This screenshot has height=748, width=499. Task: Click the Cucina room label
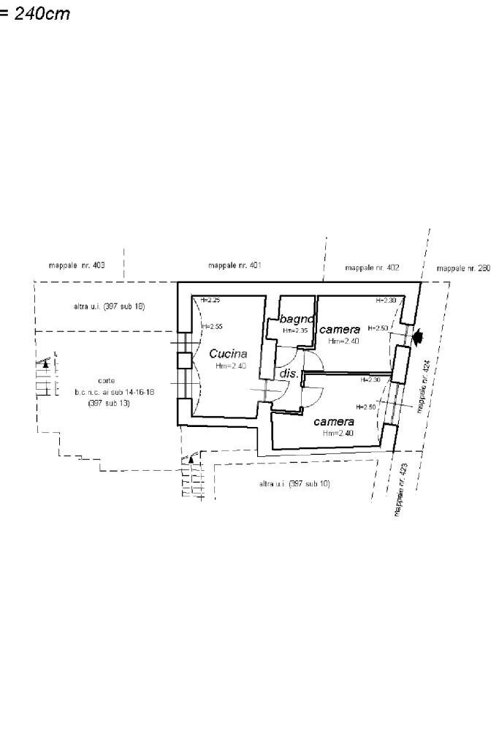[x=228, y=354]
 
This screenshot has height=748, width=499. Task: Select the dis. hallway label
[x=289, y=374]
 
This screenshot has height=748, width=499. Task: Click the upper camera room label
[x=340, y=330]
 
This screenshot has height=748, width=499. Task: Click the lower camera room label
[x=334, y=422]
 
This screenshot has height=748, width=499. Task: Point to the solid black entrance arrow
[x=418, y=337]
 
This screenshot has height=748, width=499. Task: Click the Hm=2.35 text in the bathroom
[x=295, y=331]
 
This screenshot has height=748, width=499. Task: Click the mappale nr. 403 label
[x=77, y=265]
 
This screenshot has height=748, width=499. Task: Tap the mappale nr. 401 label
[x=235, y=265]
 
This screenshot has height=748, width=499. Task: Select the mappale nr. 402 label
[x=372, y=268]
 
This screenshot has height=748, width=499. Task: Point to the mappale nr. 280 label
[x=463, y=268]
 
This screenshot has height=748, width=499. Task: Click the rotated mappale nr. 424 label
[x=423, y=390]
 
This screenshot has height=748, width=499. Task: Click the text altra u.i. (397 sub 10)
[x=294, y=484]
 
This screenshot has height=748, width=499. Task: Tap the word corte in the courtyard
[x=105, y=381]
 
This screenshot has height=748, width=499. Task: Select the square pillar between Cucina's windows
[x=184, y=360]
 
